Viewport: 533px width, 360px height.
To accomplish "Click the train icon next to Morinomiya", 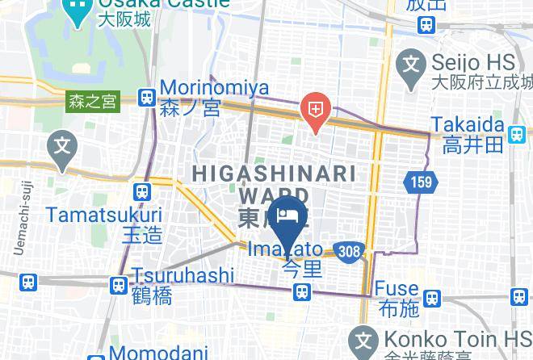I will point(147,98).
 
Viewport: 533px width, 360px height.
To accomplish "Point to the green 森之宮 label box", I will point(93,102).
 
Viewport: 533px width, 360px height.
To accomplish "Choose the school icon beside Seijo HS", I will point(413,61).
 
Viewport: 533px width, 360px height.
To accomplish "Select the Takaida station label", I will point(468,125).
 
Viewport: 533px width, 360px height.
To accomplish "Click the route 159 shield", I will point(422,182).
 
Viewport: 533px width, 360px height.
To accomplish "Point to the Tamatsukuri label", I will point(103,216).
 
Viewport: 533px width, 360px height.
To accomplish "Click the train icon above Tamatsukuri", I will point(143,192).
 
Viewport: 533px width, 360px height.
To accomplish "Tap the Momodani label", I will point(160,353).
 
